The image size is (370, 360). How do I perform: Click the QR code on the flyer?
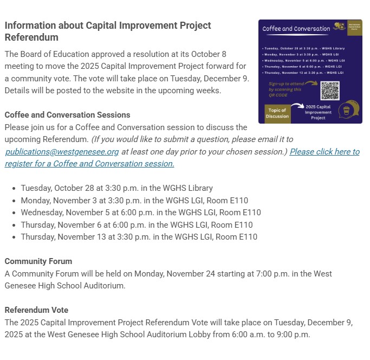pyautogui.click(x=329, y=91)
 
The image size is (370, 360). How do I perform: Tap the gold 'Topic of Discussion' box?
pyautogui.click(x=277, y=113)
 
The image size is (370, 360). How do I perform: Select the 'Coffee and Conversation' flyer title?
pyautogui.click(x=296, y=29)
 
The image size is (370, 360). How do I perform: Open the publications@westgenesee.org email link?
pyautogui.click(x=62, y=152)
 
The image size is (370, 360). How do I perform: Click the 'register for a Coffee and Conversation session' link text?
pyautogui.click(x=89, y=163)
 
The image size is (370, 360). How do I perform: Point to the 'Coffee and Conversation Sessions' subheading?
pyautogui.click(x=67, y=115)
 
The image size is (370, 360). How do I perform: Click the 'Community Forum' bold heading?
pyautogui.click(x=38, y=261)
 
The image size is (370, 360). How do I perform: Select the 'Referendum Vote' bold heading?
pyautogui.click(x=36, y=310)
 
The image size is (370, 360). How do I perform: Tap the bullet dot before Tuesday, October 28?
pyautogui.click(x=14, y=188)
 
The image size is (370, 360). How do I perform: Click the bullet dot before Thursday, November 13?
pyautogui.click(x=14, y=237)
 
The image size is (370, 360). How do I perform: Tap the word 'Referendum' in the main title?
pyautogui.click(x=31, y=37)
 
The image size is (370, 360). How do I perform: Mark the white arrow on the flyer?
pyautogui.click(x=297, y=106)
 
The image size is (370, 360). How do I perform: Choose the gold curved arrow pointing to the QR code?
pyautogui.click(x=310, y=83)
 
